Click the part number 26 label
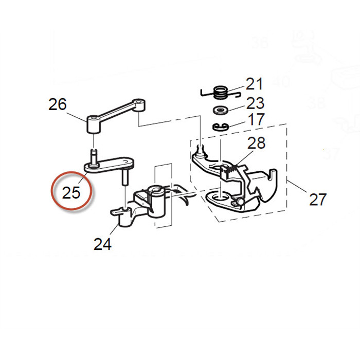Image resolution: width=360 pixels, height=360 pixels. [58, 104]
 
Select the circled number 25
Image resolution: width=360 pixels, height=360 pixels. [71, 192]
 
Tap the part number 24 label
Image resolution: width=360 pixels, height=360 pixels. [103, 244]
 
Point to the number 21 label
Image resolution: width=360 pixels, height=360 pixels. [254, 83]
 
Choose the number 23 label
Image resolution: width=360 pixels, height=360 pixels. [255, 103]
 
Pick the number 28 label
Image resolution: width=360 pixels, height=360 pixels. [258, 142]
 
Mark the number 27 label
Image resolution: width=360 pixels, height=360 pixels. [317, 198]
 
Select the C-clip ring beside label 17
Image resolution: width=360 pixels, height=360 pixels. [220, 127]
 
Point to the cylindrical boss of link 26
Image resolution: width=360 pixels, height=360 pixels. [93, 124]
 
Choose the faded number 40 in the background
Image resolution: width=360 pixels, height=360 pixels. [282, 81]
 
